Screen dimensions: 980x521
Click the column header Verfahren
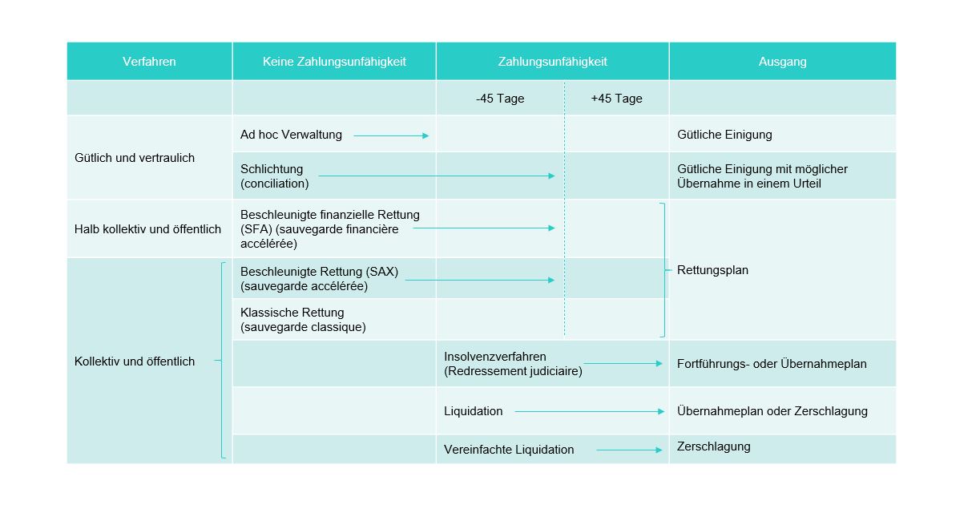pyautogui.click(x=149, y=62)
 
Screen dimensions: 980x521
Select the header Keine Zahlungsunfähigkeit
pyautogui.click(x=334, y=62)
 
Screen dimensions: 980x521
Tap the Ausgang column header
pyautogui.click(x=782, y=62)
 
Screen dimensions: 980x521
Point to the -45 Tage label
pyautogui.click(x=500, y=99)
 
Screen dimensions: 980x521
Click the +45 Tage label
pyautogui.click(x=616, y=99)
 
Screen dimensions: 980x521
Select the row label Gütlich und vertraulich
pyautogui.click(x=135, y=157)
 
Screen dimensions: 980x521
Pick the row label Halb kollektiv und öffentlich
pyautogui.click(x=147, y=228)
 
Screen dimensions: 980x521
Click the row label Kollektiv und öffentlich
pyautogui.click(x=135, y=361)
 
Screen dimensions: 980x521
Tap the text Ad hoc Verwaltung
pyautogui.click(x=291, y=135)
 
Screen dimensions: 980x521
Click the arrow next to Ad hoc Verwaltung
pyautogui.click(x=391, y=136)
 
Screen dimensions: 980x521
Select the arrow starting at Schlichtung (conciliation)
pyautogui.click(x=437, y=176)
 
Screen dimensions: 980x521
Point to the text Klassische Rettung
pyautogui.click(x=292, y=313)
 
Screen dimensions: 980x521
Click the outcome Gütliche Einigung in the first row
pyautogui.click(x=724, y=135)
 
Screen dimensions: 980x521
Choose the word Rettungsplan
pyautogui.click(x=712, y=270)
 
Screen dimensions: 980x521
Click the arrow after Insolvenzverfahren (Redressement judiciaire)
pyautogui.click(x=623, y=364)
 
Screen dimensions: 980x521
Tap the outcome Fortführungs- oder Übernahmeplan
pyautogui.click(x=772, y=364)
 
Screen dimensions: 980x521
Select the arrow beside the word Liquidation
pyautogui.click(x=590, y=412)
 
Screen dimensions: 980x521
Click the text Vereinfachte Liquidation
pyautogui.click(x=509, y=449)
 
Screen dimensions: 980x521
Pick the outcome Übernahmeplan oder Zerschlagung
pyautogui.click(x=772, y=411)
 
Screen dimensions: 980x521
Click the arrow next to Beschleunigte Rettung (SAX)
pyautogui.click(x=480, y=280)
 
